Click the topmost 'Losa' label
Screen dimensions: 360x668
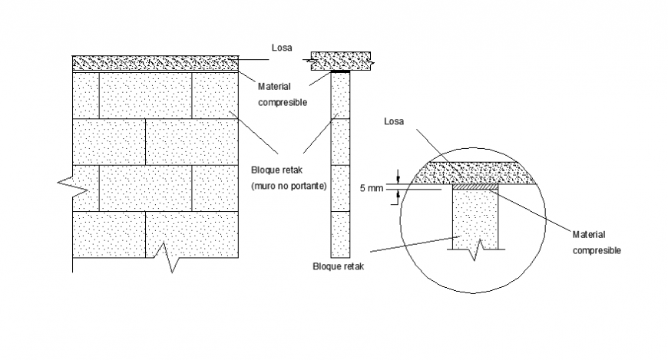point(281,47)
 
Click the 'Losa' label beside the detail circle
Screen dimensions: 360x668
point(394,121)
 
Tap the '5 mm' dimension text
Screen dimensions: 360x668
point(371,187)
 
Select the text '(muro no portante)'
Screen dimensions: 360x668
point(289,186)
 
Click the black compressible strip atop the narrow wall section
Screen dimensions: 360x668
point(339,72)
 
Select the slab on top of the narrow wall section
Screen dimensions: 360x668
point(340,60)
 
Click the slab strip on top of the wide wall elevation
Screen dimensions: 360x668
point(154,62)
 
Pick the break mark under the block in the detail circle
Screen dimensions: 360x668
point(478,246)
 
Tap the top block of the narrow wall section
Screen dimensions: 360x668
point(339,96)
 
